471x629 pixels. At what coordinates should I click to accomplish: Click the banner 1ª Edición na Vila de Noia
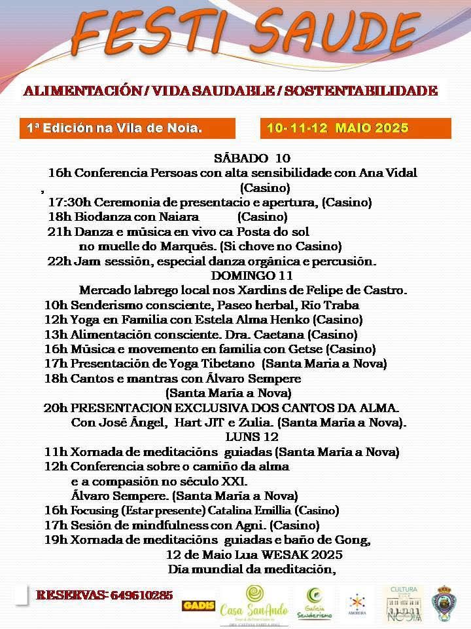115,128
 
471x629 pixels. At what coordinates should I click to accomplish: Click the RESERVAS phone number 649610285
142,595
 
